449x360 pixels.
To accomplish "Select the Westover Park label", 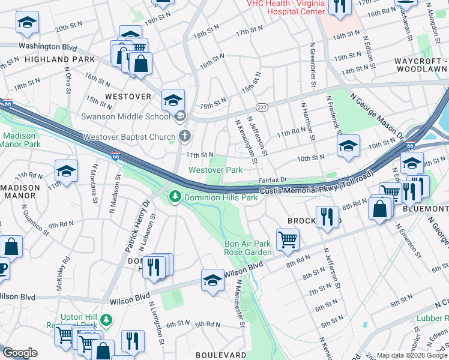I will (x=215, y=170).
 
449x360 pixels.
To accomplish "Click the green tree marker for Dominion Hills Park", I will (x=175, y=196).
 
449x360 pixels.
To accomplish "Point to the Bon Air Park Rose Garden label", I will (x=247, y=248).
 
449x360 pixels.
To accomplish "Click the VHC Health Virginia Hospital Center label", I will (x=286, y=7).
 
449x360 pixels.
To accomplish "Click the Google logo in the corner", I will (x=20, y=353).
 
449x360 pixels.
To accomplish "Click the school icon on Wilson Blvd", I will (x=212, y=281).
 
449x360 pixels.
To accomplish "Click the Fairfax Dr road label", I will (x=273, y=179).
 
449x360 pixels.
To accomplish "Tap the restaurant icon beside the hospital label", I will (x=340, y=6).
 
